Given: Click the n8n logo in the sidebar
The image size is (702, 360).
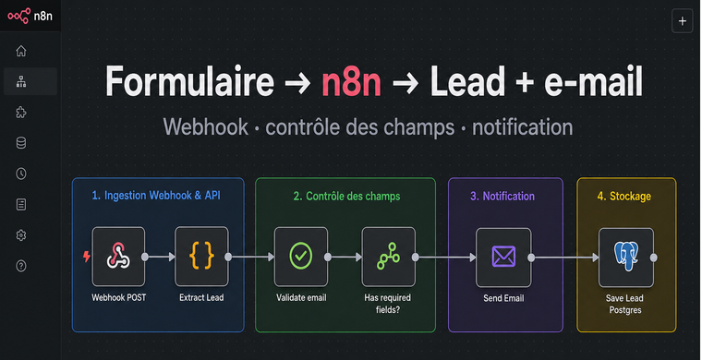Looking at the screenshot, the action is [x=30, y=16].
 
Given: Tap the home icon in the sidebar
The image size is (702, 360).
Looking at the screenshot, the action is [x=21, y=51].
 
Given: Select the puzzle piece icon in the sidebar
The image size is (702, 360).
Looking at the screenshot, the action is [x=21, y=113].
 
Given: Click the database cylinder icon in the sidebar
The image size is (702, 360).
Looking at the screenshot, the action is [x=21, y=143].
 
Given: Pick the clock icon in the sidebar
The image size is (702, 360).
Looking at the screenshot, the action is [x=21, y=174].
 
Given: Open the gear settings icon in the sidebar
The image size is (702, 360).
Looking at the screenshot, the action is [x=21, y=235].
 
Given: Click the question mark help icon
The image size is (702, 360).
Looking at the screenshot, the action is [x=21, y=266].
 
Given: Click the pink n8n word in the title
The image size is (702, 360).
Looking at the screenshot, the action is [x=351, y=81].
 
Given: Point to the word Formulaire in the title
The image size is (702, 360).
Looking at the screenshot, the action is [x=189, y=80].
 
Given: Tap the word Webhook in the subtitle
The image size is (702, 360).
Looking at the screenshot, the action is [x=205, y=126].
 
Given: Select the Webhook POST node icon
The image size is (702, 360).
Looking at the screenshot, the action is [x=118, y=257].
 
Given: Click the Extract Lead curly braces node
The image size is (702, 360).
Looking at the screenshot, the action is [x=201, y=257].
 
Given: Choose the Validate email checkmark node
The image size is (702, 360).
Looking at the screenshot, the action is [x=301, y=257].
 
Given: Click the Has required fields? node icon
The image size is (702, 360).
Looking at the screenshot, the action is [x=388, y=257].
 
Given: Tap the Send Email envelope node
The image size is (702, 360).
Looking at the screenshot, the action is [x=503, y=258].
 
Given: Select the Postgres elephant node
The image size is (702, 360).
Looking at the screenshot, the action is [x=626, y=258].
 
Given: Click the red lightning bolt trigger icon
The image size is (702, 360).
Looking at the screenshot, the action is [x=87, y=257].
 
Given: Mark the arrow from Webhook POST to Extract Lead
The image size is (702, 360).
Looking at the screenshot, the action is [x=162, y=257].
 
